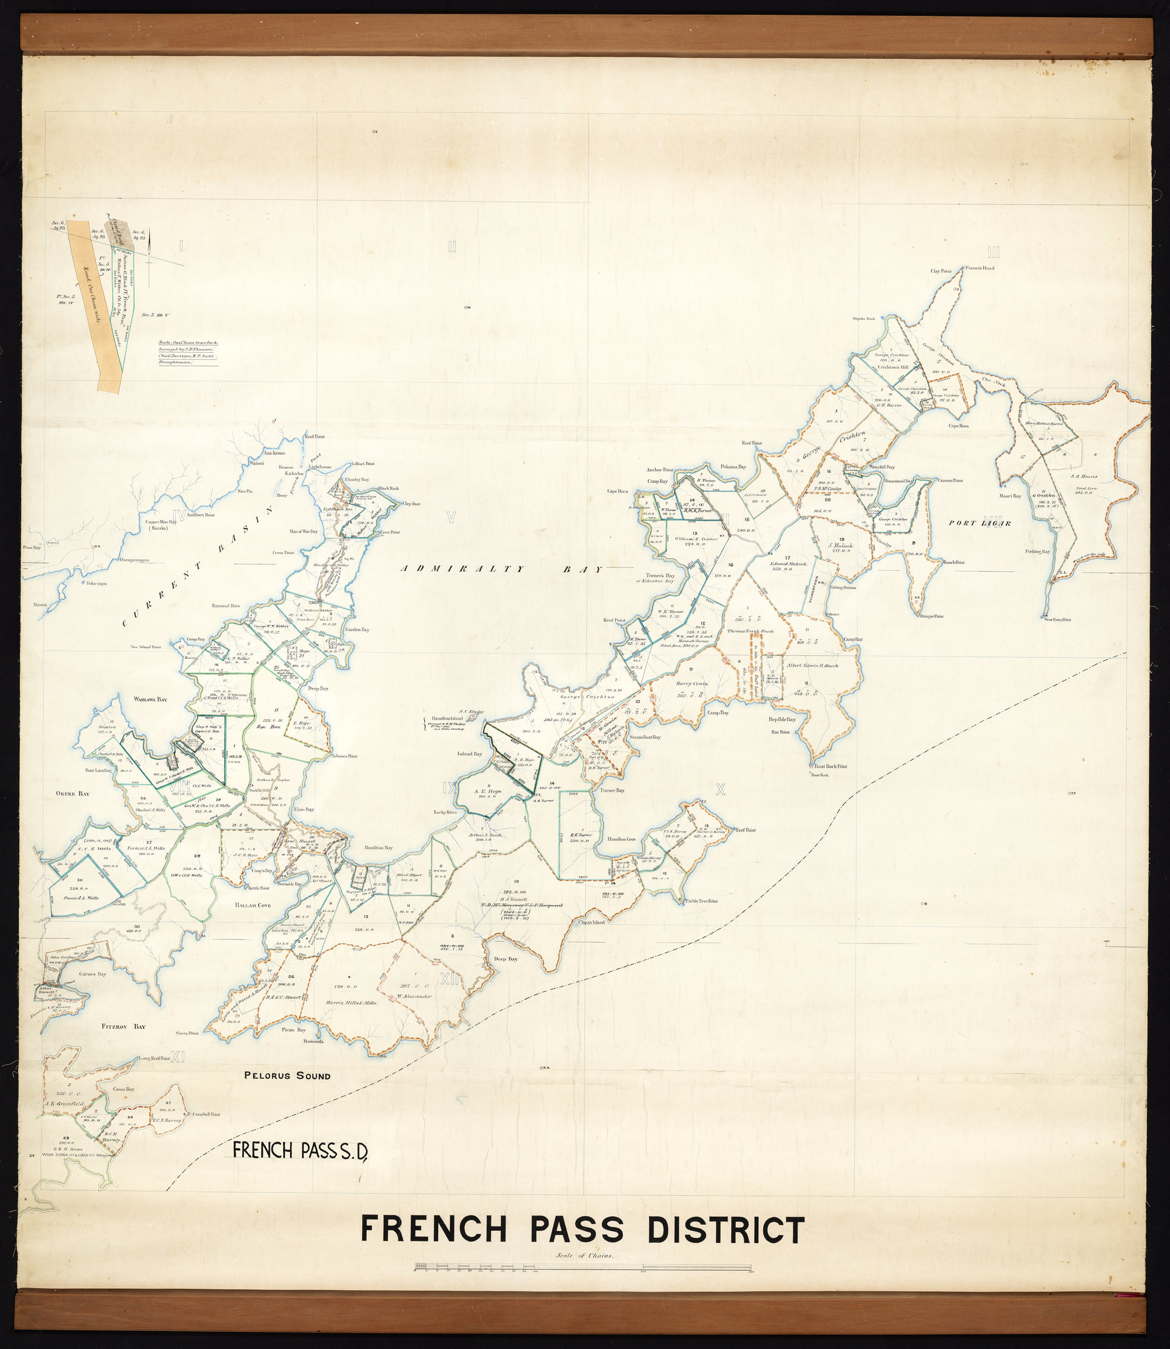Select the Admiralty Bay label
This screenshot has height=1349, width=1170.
501,569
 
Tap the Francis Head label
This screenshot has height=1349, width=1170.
980,268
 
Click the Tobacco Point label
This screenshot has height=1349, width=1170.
343,756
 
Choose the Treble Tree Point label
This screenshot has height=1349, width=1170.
701,901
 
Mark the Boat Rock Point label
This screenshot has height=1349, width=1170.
829,766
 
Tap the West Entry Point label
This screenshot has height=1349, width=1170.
1058,619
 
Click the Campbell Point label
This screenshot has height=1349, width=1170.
208,1114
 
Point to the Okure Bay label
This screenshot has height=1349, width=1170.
68,794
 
